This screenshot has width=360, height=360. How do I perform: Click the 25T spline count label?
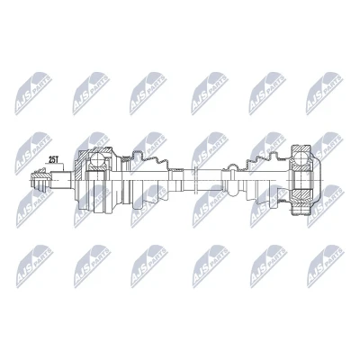pos(53,160)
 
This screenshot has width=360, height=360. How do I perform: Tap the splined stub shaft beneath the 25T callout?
pos(61,180)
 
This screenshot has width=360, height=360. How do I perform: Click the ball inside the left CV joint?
pos(96,159)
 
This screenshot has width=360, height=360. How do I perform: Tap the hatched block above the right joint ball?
pos(301,148)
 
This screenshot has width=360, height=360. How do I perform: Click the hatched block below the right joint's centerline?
pos(302,195)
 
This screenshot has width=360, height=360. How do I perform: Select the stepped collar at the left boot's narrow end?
pos(176,180)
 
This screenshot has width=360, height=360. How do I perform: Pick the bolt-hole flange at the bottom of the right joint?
pos(301,211)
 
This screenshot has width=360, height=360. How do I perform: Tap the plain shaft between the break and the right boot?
pos(209,180)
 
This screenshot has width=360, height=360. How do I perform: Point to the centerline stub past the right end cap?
pos(323,180)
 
